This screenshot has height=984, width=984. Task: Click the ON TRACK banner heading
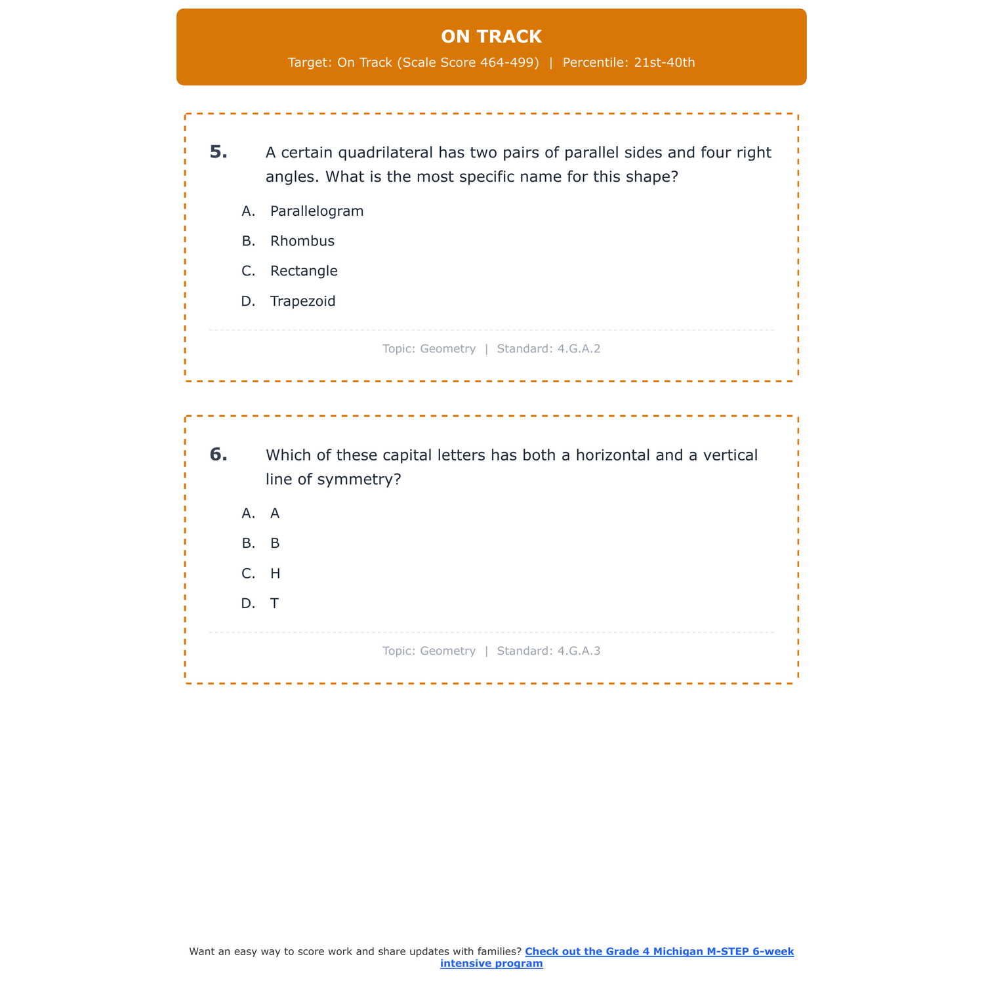[491, 37]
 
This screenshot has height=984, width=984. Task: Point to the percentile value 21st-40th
[665, 63]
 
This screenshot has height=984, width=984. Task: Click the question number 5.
[218, 152]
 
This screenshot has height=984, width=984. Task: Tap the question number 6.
[218, 455]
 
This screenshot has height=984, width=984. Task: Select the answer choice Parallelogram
[316, 211]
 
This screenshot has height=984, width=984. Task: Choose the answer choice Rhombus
[302, 241]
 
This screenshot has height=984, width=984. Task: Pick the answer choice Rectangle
[304, 271]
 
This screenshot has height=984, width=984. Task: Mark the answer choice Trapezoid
[302, 302]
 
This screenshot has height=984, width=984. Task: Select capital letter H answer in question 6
[275, 574]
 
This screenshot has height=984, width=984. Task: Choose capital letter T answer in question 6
[274, 604]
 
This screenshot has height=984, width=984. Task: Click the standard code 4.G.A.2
[579, 349]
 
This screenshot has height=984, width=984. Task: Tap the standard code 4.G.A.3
[579, 651]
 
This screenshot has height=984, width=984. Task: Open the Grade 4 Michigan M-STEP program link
[659, 952]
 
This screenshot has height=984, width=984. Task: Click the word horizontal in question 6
[613, 455]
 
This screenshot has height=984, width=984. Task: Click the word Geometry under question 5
[447, 349]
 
